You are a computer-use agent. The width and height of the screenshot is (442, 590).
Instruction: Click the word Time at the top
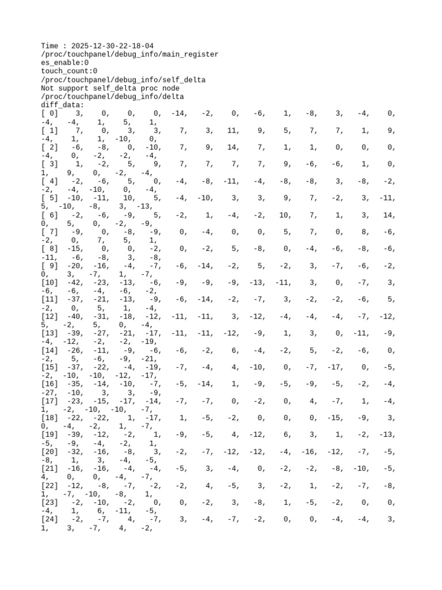[x=50, y=46]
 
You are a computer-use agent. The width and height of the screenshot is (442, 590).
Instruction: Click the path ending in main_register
[x=129, y=54]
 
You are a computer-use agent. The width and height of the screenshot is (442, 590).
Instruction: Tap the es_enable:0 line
[x=64, y=63]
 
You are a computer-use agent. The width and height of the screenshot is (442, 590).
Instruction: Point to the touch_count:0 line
[x=69, y=71]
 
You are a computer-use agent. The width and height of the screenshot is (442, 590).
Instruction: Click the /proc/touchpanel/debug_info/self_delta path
[x=123, y=80]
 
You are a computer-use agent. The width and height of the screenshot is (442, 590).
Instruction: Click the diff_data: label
[x=62, y=105]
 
